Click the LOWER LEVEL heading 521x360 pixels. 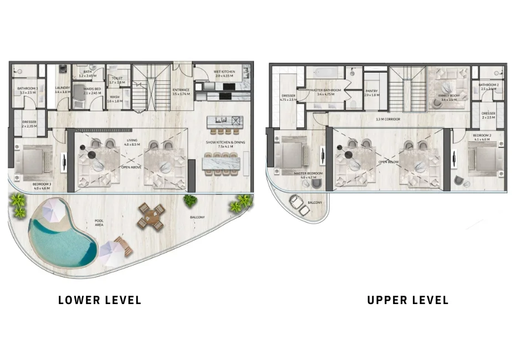point(100,300)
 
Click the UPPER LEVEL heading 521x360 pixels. point(407,300)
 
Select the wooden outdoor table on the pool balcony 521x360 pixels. point(151,215)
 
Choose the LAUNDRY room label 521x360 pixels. point(62,88)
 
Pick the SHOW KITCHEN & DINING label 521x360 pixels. point(224,143)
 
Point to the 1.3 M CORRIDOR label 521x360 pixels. point(388,119)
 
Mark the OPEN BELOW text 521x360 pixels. point(389,162)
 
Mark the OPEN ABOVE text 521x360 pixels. point(131,165)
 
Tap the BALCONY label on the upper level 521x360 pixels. point(314,203)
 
